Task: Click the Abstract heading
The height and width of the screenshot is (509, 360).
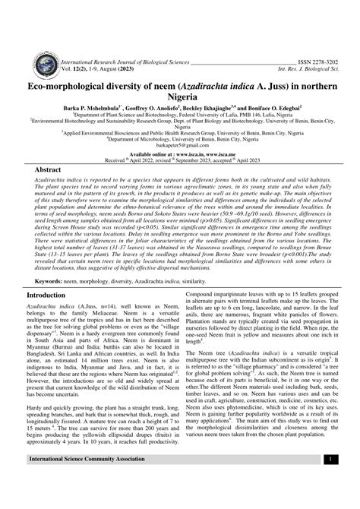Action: click(44, 172)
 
